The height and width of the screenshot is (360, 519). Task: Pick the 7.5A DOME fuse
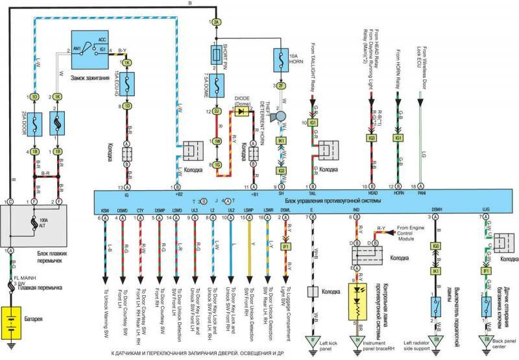[x=216, y=83]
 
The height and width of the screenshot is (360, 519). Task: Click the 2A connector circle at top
[x=216, y=22]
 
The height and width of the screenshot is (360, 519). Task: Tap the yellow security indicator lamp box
[x=356, y=299]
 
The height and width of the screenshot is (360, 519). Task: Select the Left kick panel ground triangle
[x=313, y=338]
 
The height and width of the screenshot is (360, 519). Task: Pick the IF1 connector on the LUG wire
[x=485, y=270]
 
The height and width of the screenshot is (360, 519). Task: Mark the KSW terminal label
[x=105, y=210]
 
